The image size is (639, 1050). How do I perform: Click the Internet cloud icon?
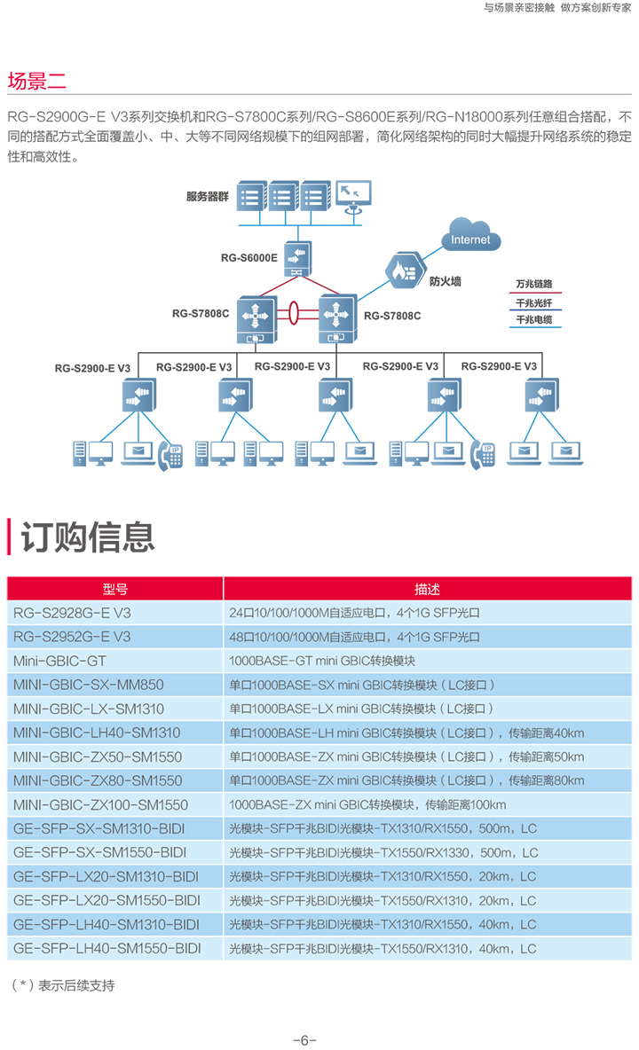coord(471,235)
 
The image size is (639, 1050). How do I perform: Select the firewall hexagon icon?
coord(405,270)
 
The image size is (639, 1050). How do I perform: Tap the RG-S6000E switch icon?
coord(296,258)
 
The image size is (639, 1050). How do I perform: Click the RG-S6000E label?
coord(248,258)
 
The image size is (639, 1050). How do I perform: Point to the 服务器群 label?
coord(208,196)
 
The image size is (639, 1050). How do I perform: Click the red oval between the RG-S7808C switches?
coord(293,312)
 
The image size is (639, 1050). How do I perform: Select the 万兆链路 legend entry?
coord(534,284)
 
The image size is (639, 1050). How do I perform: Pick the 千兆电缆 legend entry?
coord(534,319)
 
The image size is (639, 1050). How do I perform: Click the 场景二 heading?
coord(37,81)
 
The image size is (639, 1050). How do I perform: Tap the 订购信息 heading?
coord(88,537)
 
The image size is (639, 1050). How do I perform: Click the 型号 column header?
coord(114,589)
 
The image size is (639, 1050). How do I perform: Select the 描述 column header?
coord(428,589)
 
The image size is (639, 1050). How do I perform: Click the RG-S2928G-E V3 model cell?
coord(73,613)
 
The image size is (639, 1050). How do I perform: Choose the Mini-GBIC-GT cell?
coord(59,661)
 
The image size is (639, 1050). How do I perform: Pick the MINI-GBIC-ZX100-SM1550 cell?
coord(100,805)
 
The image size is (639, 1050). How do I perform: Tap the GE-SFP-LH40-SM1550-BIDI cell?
coord(107,948)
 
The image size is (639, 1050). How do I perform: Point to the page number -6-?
coord(304,1040)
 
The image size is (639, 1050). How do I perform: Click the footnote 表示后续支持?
coord(76,985)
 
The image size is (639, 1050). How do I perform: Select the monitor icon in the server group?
coord(353,195)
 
